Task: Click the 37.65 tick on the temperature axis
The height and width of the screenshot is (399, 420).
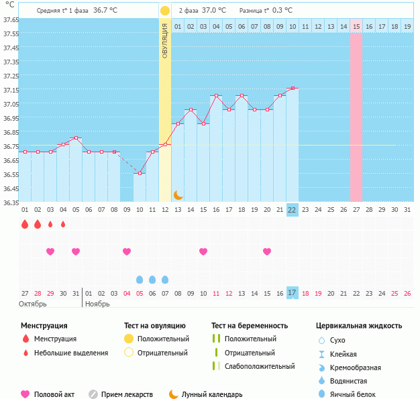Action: (x=10, y=19)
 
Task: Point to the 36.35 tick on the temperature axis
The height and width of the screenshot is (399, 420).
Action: (x=10, y=202)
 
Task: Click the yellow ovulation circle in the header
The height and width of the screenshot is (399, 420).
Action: (x=165, y=11)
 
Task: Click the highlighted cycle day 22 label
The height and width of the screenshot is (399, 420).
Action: (x=292, y=210)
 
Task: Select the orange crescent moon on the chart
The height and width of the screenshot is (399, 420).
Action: (x=178, y=194)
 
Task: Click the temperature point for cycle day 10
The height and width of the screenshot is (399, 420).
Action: (x=140, y=173)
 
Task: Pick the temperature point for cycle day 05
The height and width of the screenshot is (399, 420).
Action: (x=76, y=137)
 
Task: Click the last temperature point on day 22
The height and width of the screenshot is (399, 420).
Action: (x=292, y=88)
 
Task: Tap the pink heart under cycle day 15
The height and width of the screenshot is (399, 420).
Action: (x=203, y=251)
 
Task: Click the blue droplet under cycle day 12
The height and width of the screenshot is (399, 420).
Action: (x=165, y=279)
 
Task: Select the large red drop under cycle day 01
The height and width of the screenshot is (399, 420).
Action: (x=25, y=224)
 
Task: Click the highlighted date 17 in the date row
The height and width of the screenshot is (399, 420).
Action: (x=292, y=293)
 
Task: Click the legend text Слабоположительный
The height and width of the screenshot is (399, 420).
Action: (x=260, y=366)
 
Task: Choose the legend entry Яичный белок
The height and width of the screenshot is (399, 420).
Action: (x=358, y=395)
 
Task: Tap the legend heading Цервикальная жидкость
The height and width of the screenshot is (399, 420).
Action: (x=359, y=326)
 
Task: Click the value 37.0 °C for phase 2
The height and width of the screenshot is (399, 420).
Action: (x=214, y=11)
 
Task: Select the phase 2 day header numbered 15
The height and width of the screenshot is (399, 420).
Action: (x=356, y=27)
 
